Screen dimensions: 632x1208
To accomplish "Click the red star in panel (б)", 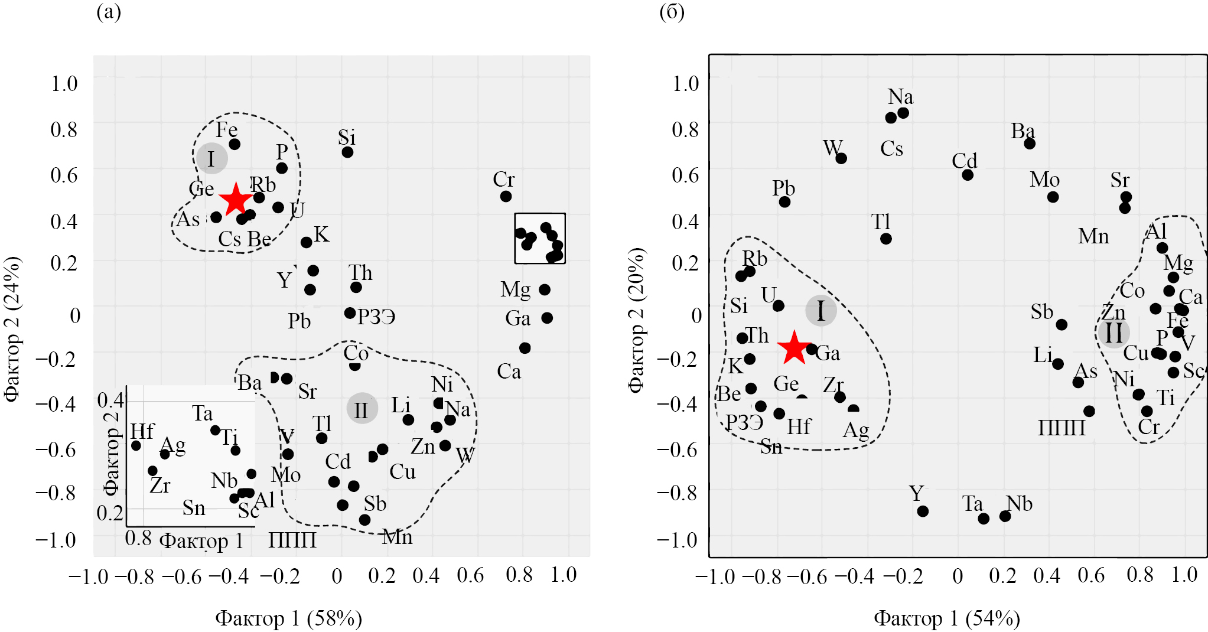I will [794, 347].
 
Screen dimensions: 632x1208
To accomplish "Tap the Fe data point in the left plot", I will [235, 144].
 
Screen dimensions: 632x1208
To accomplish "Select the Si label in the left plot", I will [347, 138].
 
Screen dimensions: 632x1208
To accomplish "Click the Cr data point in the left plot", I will [506, 196].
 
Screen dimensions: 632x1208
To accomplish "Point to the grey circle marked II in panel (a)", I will [362, 409].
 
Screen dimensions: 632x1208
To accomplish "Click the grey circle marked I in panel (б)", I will [820, 311].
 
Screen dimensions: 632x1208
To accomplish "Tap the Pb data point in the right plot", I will [784, 202].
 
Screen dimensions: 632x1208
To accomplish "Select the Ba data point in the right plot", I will [1030, 144].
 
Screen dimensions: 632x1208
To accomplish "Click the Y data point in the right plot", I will [923, 511].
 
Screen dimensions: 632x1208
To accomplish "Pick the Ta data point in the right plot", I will [984, 519].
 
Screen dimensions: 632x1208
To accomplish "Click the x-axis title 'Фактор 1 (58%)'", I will [288, 618].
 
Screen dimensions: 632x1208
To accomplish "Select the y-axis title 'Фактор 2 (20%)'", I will [636, 320].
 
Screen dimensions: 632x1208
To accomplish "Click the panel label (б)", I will [672, 12].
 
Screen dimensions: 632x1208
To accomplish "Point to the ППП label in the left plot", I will [292, 540].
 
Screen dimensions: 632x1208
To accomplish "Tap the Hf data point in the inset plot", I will [136, 445].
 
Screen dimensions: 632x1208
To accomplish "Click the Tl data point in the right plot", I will [885, 239].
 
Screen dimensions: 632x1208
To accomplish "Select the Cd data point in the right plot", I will [968, 175].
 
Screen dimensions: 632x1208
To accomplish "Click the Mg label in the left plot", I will [515, 289].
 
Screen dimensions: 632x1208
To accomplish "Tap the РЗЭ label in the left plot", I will [376, 317].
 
